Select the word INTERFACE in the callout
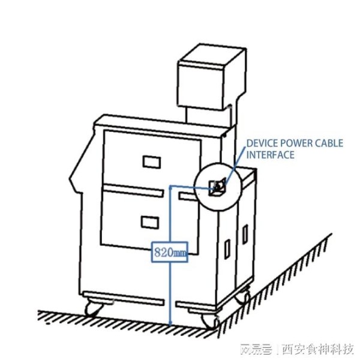(271, 155)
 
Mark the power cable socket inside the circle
(217, 187)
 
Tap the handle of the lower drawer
(148, 221)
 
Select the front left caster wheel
(93, 309)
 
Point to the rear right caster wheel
(242, 296)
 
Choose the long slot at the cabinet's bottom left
(122, 298)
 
